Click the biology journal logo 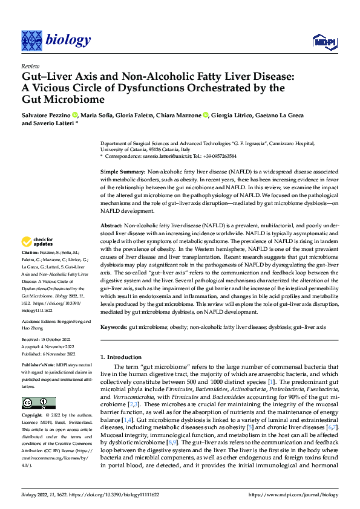pyautogui.click(x=56, y=41)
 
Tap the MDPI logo pyautogui.click(x=324, y=41)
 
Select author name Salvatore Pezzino pyautogui.click(x=45, y=115)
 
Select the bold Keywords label pyautogui.click(x=114, y=326)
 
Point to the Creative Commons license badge pyautogui.click(x=38, y=403)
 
